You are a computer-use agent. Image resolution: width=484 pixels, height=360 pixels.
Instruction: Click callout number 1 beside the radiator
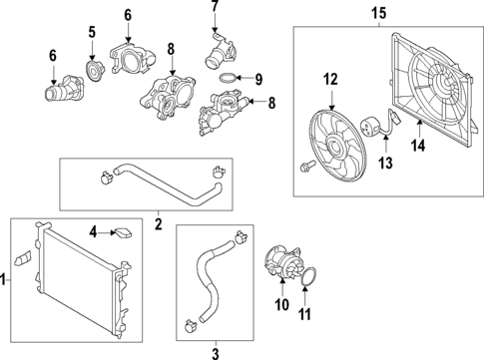[5, 282]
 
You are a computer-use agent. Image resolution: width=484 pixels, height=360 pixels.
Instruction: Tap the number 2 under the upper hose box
[158, 225]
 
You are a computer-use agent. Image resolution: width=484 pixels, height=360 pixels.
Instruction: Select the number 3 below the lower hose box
[216, 352]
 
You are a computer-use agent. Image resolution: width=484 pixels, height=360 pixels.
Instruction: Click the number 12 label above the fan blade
[331, 79]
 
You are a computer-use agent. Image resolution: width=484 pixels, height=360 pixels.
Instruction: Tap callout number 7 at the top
[214, 8]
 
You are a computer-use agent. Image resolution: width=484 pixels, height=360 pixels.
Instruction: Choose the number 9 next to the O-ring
[257, 79]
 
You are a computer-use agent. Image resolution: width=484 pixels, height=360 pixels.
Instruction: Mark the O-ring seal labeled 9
[228, 79]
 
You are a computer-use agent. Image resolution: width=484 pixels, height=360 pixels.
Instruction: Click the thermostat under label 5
[96, 71]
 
